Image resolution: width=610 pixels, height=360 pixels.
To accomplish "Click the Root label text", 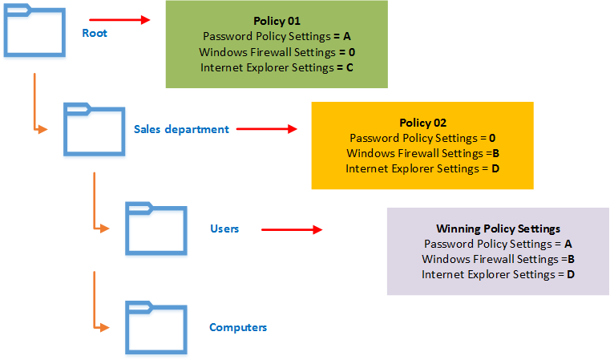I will tap(95, 33).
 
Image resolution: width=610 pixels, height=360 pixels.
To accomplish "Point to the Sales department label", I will tap(181, 129).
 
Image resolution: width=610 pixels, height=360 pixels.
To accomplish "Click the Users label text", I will tap(224, 229).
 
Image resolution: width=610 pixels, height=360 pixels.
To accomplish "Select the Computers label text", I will tap(238, 327).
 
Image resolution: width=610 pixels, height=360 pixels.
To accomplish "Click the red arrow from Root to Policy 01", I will tap(119, 19).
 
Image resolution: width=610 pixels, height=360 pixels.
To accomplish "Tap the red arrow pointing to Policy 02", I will tap(264, 128).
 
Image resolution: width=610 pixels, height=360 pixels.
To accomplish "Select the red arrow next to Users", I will tap(291, 229).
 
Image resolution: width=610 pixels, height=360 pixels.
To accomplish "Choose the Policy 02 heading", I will tap(422, 123).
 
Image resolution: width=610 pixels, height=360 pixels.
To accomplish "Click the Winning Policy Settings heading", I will tap(498, 229).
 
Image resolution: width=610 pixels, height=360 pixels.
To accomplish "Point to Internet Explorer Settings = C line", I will tap(277, 67).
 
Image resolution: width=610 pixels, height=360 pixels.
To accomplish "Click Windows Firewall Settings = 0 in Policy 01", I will tap(277, 52).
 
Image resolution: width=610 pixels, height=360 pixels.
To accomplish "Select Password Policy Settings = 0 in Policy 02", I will tap(422, 138).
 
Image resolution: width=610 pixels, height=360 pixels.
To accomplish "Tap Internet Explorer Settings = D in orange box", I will tap(422, 168).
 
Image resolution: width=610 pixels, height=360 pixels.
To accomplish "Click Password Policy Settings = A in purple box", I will tap(498, 244).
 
